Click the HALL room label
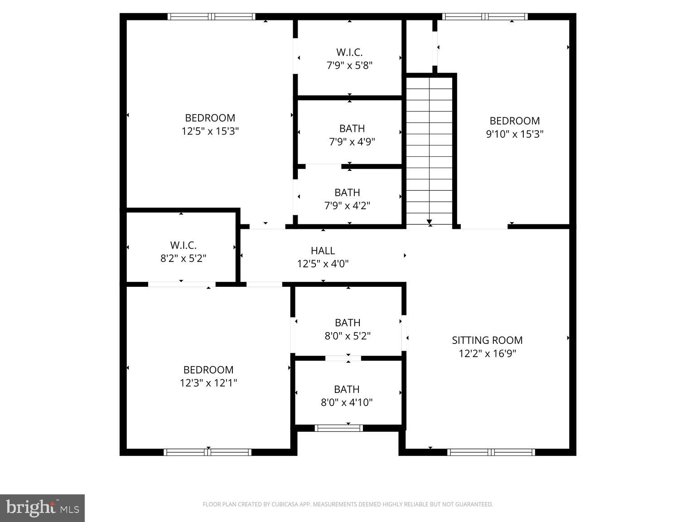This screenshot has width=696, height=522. pos(323,251)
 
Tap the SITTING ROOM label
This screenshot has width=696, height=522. pos(487,340)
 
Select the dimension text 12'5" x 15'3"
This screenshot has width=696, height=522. pos(210,131)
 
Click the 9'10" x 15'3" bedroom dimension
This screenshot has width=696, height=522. pos(515,134)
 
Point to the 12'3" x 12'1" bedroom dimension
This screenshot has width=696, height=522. pos(208,383)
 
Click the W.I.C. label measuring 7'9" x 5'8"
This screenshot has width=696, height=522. pos(349,52)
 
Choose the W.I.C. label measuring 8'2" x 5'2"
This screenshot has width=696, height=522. pos(184,245)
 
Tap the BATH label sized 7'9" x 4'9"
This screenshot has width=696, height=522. pos(352,128)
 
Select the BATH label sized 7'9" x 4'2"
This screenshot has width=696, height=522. pos(347,193)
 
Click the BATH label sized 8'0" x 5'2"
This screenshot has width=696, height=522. pos(348,323)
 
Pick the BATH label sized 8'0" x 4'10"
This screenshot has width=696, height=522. pos(347,389)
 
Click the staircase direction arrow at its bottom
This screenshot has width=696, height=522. pos(430,222)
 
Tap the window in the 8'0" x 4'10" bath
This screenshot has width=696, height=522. pos(339,428)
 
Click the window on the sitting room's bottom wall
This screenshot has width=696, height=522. pos(491,452)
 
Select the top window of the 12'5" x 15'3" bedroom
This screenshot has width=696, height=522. pos(211,17)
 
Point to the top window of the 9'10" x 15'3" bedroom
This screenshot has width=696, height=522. pos(485,17)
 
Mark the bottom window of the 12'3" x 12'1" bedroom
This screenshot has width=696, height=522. pos(208,452)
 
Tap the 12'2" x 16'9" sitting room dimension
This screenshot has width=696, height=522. pos(487,353)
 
